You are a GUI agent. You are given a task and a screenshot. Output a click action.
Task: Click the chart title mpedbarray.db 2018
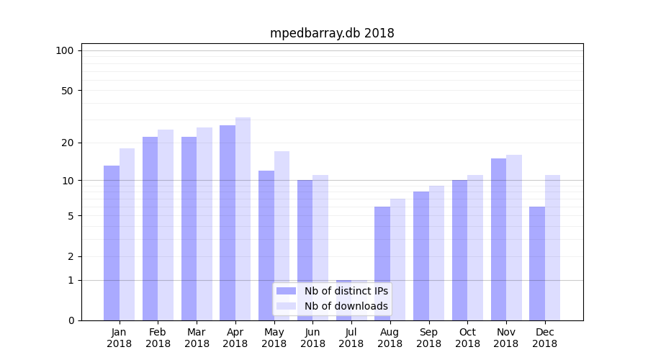click(x=332, y=33)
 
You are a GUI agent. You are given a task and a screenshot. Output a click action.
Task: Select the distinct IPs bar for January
click(x=112, y=243)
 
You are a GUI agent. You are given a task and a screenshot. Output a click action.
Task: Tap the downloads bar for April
click(x=243, y=219)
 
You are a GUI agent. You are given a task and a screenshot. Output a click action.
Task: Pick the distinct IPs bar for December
click(x=537, y=264)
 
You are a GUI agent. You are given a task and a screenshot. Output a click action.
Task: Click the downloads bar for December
click(x=552, y=248)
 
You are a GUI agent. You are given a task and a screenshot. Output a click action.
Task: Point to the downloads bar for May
click(x=282, y=235)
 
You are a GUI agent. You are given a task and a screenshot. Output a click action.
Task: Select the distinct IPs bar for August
click(x=382, y=264)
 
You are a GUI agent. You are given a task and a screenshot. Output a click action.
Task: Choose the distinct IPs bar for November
click(x=498, y=239)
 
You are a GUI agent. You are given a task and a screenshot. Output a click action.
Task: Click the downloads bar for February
click(x=166, y=225)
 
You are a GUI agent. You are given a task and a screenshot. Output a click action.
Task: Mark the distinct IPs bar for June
click(x=305, y=250)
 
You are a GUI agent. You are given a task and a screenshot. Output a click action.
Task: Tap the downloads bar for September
click(x=436, y=253)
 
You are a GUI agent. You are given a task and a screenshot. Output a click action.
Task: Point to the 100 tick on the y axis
click(x=65, y=50)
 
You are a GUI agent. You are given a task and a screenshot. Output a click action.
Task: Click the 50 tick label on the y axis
click(x=67, y=91)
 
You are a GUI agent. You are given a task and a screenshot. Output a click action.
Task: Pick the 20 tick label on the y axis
click(x=67, y=143)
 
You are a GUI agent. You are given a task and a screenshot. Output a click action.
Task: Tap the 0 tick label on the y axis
click(x=71, y=320)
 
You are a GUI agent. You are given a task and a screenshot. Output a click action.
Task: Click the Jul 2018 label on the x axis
click(x=351, y=338)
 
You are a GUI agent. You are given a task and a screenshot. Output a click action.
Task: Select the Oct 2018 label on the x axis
click(x=467, y=338)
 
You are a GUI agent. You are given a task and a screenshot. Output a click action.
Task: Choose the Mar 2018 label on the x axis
click(x=197, y=338)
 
